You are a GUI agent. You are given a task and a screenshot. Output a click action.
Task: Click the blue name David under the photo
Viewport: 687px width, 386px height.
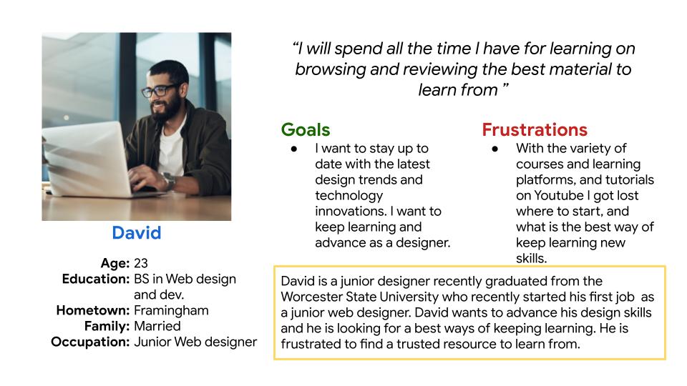(x=136, y=233)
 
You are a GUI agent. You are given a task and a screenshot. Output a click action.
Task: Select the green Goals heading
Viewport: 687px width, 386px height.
(x=306, y=130)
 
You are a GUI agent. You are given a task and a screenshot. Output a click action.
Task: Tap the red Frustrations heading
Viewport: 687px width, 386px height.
(x=535, y=130)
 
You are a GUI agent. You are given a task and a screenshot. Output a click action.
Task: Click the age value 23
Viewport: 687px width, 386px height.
(x=141, y=263)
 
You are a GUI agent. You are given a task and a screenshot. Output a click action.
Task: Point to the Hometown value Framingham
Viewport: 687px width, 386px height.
(x=171, y=311)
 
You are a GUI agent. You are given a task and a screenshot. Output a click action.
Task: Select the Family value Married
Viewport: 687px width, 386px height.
(x=157, y=326)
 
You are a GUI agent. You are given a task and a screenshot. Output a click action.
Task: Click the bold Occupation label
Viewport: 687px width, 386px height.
(x=90, y=342)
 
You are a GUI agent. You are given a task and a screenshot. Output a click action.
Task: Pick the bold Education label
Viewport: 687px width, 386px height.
(x=96, y=279)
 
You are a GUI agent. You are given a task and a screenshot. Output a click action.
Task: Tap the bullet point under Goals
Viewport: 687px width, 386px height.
(x=294, y=149)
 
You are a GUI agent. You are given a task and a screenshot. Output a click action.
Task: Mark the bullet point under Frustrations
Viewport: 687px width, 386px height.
(x=495, y=149)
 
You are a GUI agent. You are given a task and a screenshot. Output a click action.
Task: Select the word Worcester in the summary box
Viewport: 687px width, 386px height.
(x=311, y=297)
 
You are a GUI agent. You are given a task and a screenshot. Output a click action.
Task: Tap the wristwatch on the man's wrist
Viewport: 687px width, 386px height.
(x=168, y=180)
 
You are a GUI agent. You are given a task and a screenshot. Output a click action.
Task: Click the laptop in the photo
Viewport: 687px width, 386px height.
(x=87, y=159)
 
